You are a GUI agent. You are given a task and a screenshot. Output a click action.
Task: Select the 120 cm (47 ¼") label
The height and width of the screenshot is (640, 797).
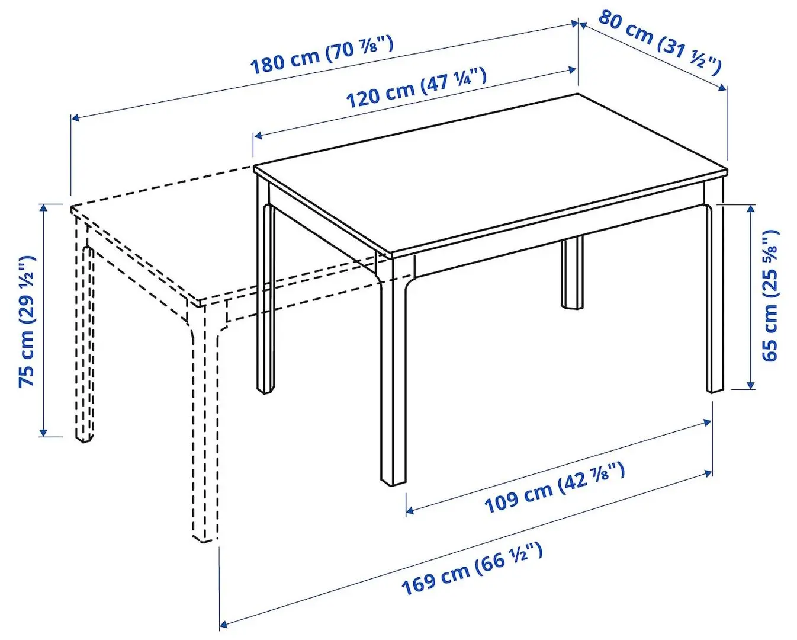416,88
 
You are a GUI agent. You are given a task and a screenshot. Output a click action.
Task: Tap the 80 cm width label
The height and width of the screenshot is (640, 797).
660,42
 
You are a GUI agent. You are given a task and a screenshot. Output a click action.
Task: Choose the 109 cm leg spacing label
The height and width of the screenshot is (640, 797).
554,488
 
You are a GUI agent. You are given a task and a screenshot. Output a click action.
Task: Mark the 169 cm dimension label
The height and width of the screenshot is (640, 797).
471,568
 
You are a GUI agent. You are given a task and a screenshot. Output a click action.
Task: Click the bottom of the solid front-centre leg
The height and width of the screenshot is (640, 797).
393,481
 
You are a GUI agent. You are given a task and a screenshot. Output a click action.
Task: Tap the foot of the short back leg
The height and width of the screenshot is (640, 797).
573,305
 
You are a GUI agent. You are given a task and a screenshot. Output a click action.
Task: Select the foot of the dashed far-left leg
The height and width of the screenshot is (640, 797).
83,438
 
